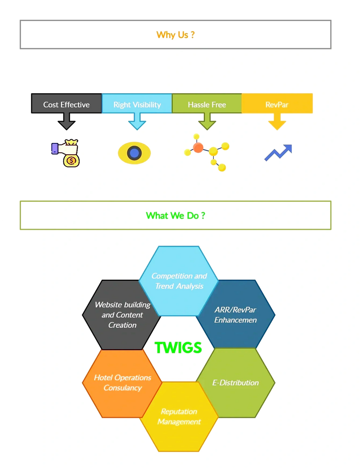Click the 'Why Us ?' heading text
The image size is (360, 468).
tap(175, 35)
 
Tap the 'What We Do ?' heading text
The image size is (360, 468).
tap(175, 215)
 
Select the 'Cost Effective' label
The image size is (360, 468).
tap(66, 105)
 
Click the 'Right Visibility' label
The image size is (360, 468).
tap(137, 105)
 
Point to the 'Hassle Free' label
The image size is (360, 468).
tap(207, 105)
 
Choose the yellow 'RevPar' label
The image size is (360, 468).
tap(277, 105)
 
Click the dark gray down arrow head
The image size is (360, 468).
tap(66, 125)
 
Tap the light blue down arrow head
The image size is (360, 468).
tap(137, 125)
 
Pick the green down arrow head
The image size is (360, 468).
tap(207, 125)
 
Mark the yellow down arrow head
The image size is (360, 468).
tap(277, 125)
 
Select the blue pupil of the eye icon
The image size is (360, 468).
tap(134, 153)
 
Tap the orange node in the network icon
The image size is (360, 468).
tap(198, 148)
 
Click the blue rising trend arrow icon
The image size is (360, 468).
tap(278, 153)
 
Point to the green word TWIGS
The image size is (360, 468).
tap(178, 347)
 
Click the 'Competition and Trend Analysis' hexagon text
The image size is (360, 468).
tap(179, 281)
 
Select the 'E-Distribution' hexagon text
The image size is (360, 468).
tap(235, 383)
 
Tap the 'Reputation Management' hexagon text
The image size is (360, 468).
tap(179, 416)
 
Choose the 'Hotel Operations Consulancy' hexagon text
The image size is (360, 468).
tap(123, 383)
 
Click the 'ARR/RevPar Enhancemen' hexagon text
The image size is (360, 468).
tap(235, 315)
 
